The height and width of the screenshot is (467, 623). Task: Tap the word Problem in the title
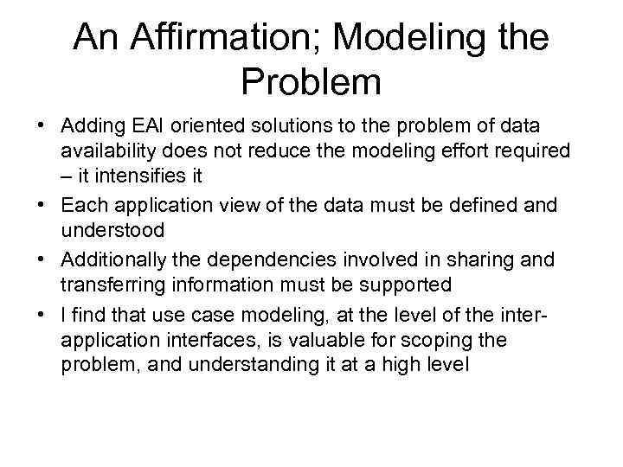tap(311, 82)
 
